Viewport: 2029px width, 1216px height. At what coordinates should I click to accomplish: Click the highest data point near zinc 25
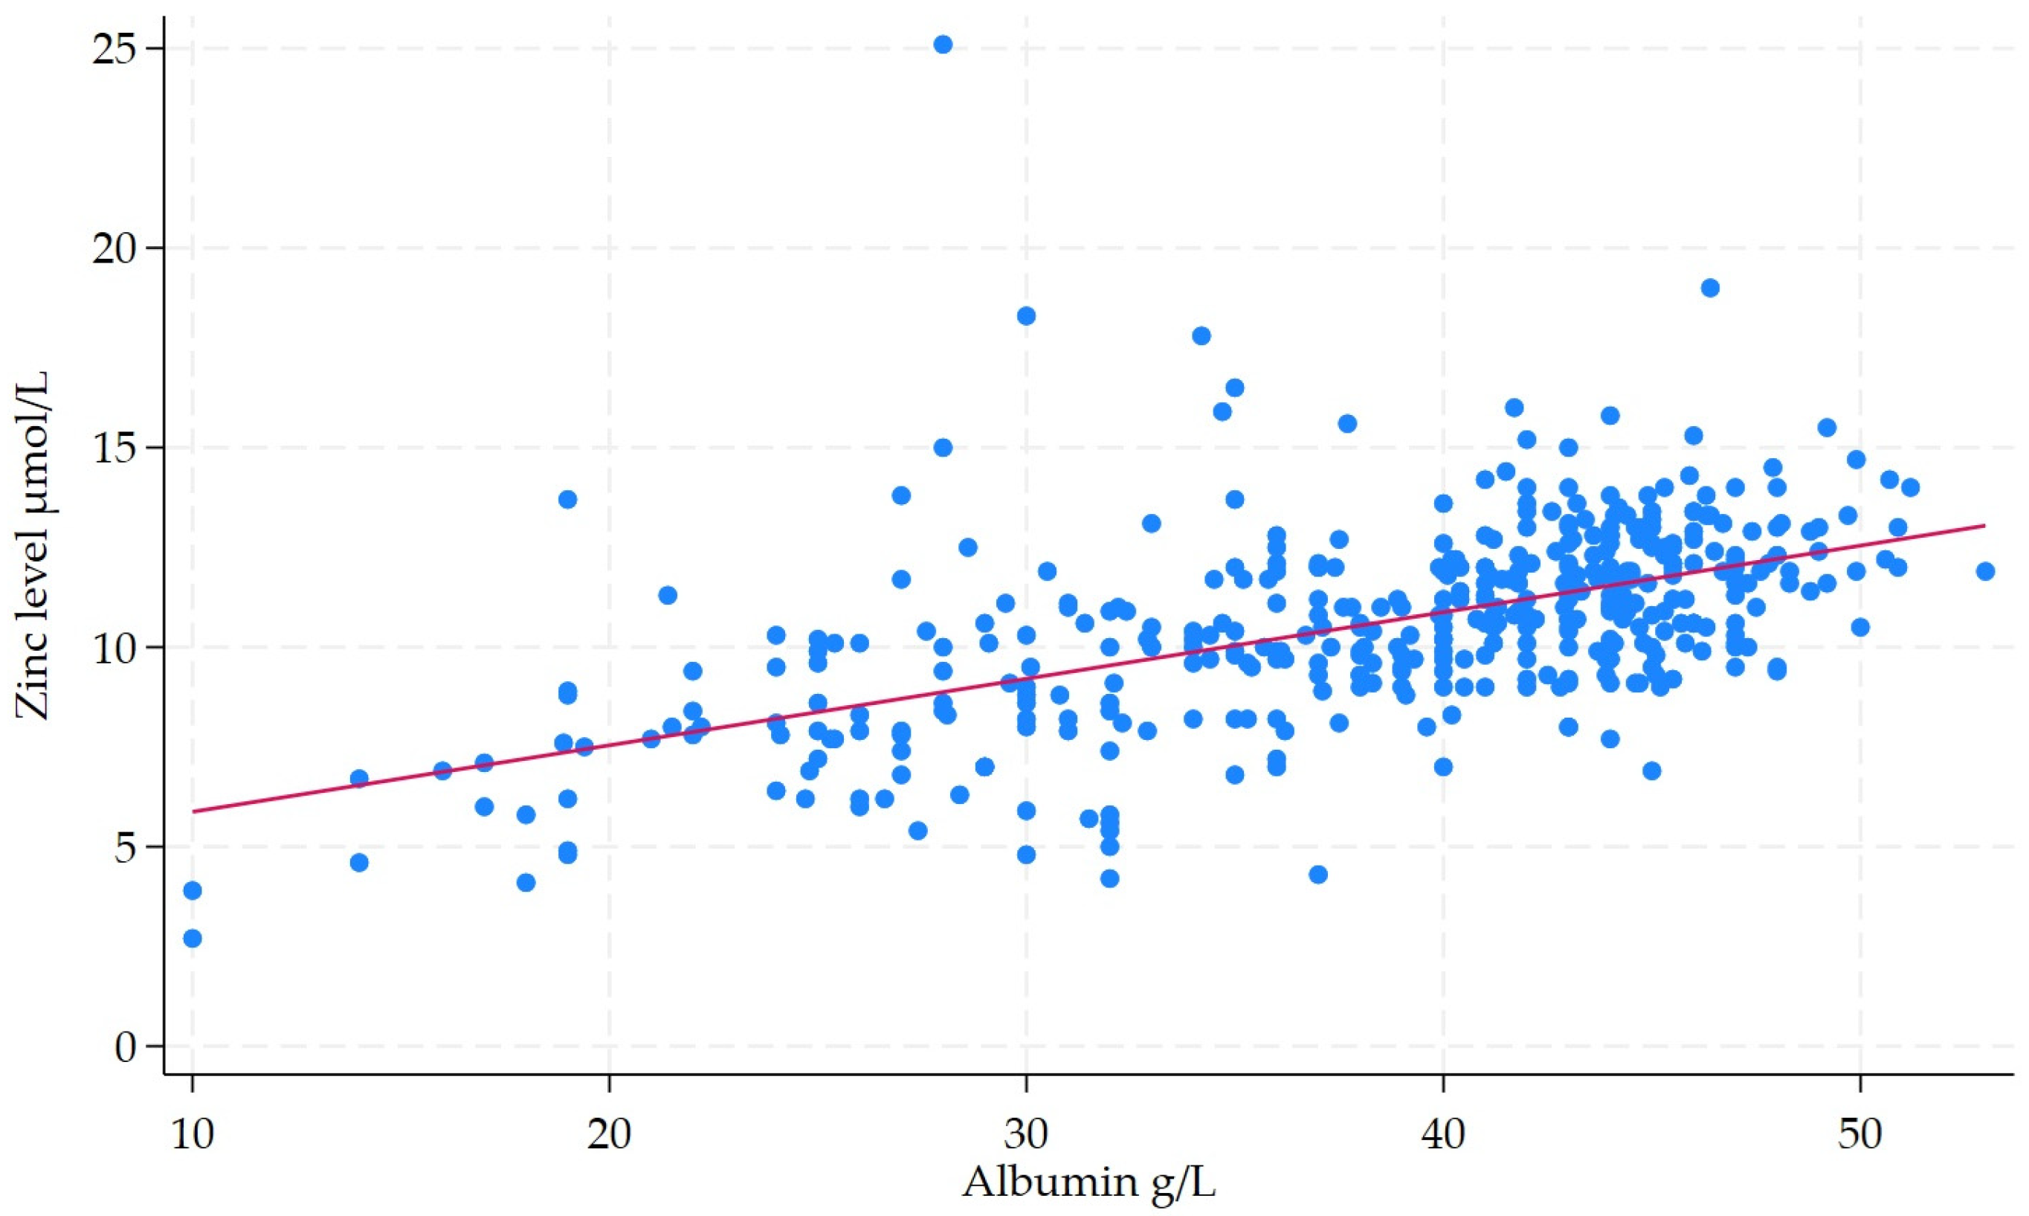(943, 44)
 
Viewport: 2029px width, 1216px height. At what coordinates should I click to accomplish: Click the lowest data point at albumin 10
(193, 939)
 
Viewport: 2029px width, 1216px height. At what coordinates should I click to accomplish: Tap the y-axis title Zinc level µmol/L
(34, 546)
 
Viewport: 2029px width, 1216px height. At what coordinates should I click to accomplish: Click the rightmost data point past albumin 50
(1985, 571)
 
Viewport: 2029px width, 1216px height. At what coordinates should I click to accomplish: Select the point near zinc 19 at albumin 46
(1709, 288)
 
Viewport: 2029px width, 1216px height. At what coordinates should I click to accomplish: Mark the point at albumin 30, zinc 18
(1026, 315)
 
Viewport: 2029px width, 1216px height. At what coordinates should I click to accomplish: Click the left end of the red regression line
(193, 811)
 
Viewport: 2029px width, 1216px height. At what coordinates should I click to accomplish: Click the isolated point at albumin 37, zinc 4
(1318, 875)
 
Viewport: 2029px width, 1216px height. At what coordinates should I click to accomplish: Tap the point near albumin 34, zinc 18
(1201, 335)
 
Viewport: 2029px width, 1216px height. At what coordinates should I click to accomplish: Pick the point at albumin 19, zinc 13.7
(568, 499)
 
